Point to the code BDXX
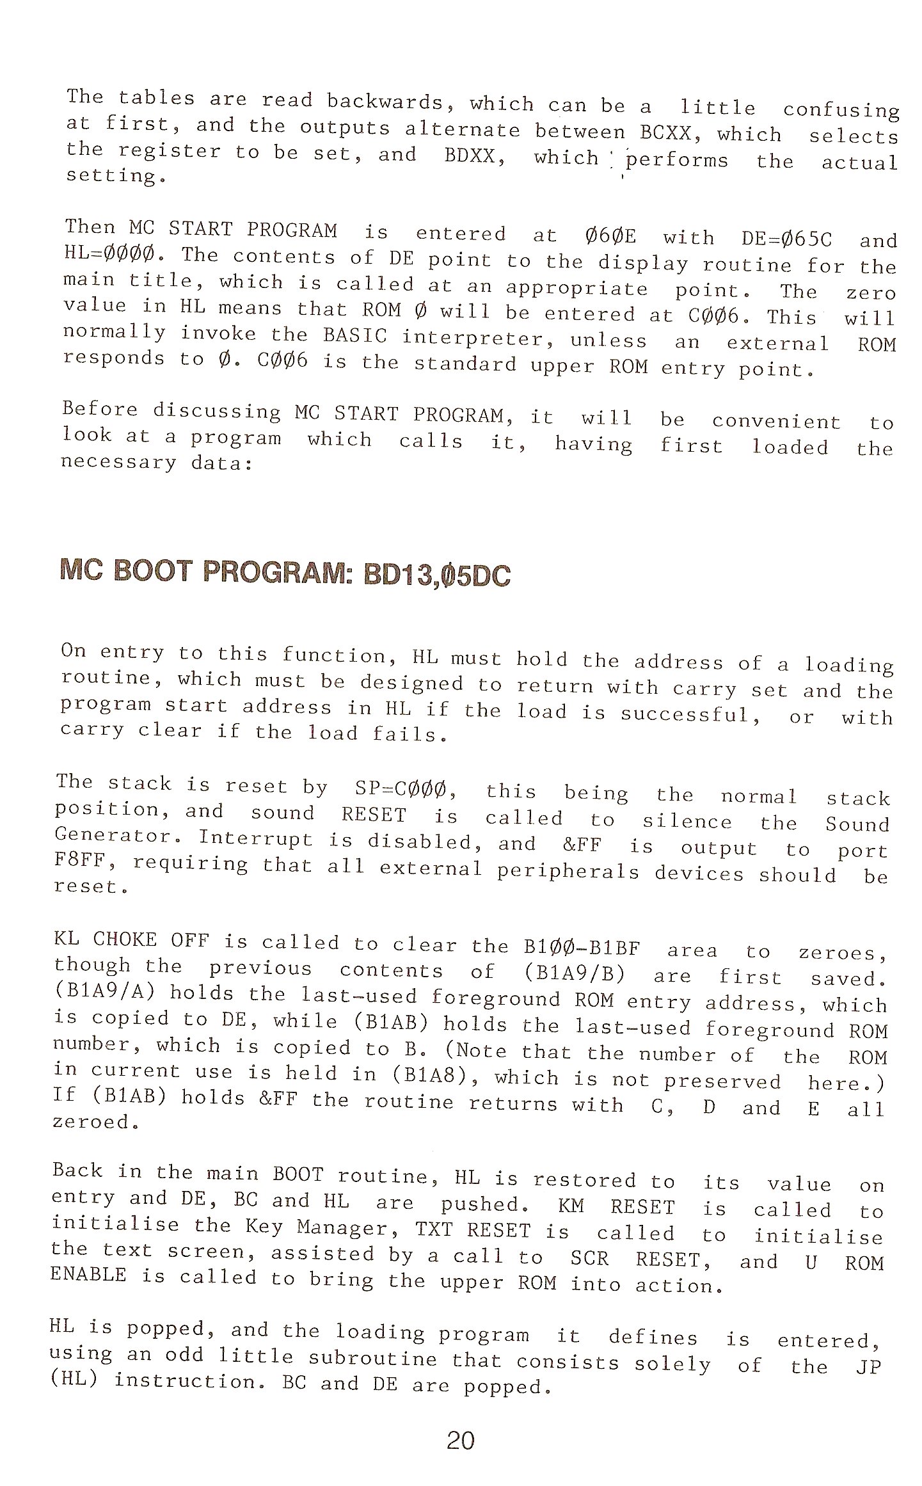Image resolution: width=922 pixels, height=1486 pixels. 475,156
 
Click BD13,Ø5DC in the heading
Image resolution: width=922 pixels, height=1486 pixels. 437,575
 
